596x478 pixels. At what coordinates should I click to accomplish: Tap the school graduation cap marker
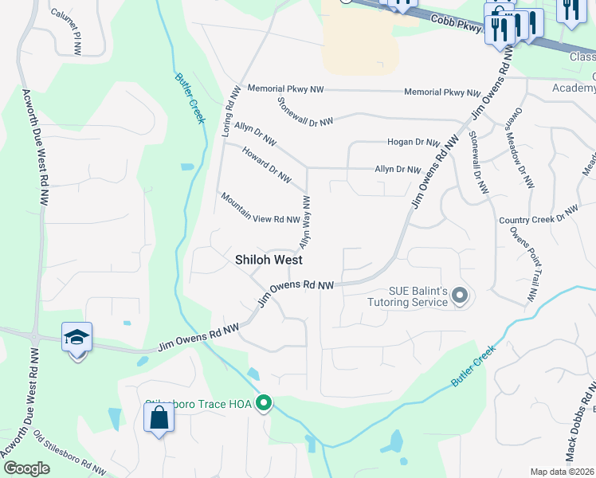click(77, 338)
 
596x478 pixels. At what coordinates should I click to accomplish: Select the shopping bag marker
click(159, 417)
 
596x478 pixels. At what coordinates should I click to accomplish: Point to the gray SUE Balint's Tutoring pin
click(459, 296)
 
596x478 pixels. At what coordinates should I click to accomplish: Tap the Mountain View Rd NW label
click(260, 208)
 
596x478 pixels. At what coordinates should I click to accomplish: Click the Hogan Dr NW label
click(414, 143)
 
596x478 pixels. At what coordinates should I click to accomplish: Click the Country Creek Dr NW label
click(538, 216)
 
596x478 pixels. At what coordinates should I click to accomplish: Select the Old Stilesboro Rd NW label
click(70, 453)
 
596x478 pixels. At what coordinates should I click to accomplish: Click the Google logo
click(25, 468)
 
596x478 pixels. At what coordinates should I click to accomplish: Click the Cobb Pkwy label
click(458, 27)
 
